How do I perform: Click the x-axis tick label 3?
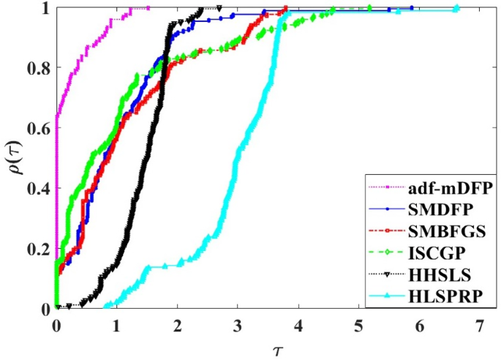point(238,323)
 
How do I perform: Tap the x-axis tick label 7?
point(480,323)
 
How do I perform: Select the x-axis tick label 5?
point(359,323)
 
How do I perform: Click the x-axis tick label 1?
point(116,323)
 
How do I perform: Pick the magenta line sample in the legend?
point(389,187)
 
